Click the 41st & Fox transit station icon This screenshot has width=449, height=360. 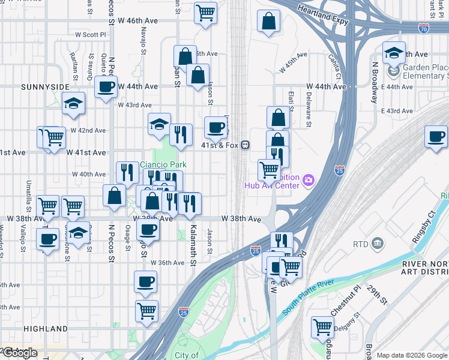point(246,145)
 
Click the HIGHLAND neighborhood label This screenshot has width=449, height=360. point(46,329)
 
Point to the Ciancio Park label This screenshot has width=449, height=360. point(163,164)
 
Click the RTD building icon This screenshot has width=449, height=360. point(378,243)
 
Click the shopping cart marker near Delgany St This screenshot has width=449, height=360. point(322,327)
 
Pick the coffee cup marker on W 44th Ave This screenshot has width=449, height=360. point(106,86)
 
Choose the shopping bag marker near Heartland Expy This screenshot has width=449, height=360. point(268,21)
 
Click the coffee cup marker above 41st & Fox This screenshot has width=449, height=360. point(215,127)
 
